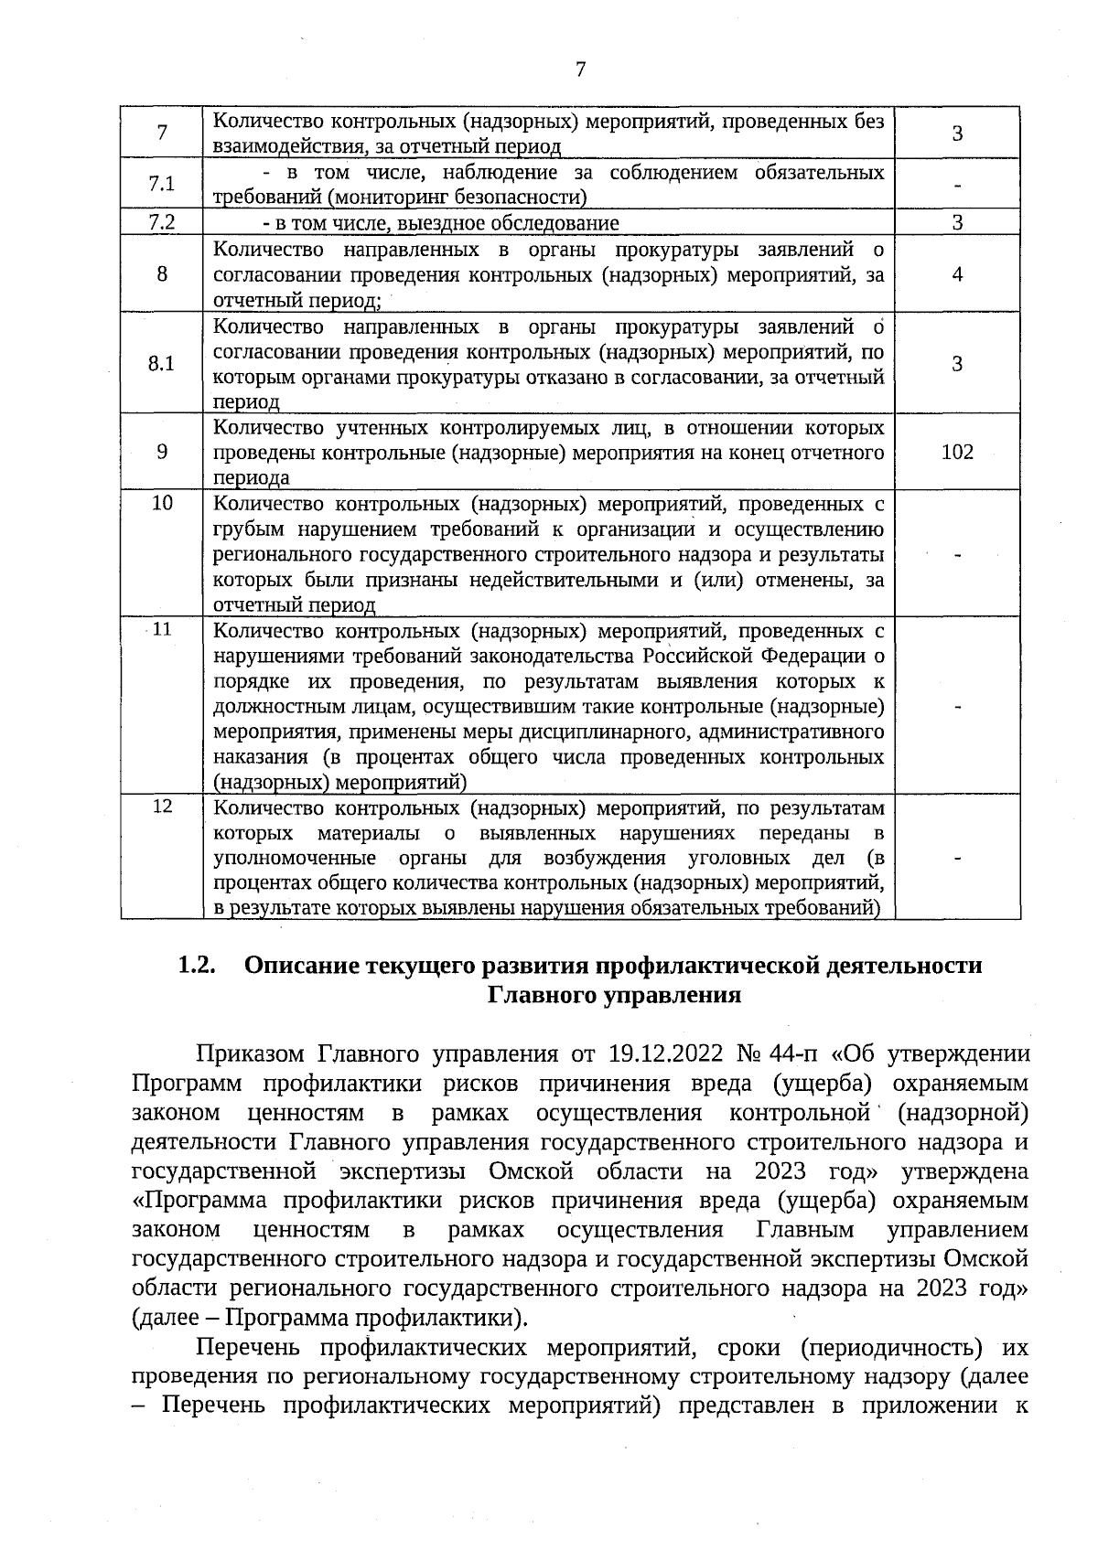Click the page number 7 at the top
[580, 69]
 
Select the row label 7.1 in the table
[162, 184]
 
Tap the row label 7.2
[162, 222]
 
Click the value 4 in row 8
[957, 274]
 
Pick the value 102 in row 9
[957, 452]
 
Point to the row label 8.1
[162, 363]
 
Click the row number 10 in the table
[162, 502]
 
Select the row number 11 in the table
[162, 629]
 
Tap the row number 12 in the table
[162, 806]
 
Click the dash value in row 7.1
[957, 186]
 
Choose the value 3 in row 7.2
[957, 223]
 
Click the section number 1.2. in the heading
[197, 966]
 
